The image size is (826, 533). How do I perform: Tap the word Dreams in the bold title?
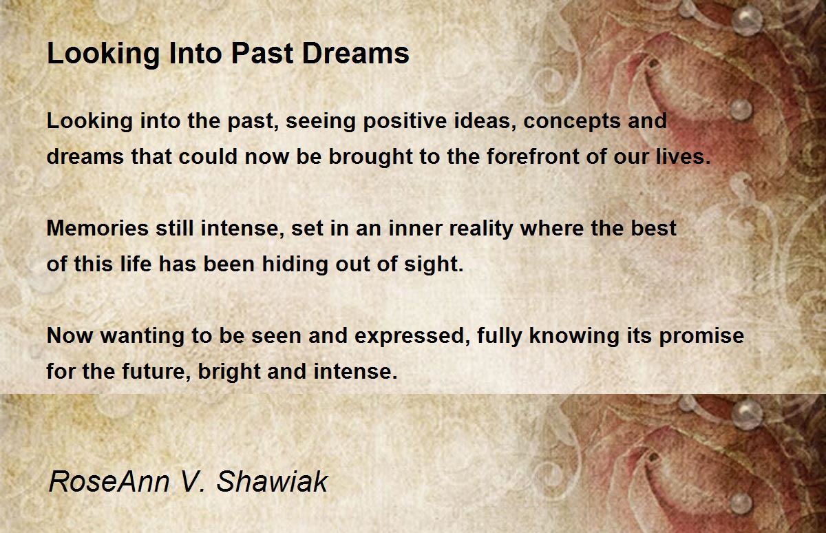click(356, 54)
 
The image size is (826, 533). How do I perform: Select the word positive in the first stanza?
click(405, 121)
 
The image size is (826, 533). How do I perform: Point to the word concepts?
click(572, 122)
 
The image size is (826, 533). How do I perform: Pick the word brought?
click(370, 157)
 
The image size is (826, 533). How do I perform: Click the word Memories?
click(98, 228)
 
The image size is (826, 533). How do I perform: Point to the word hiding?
click(295, 265)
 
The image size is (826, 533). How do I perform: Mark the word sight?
click(434, 265)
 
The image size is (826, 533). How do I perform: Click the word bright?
click(229, 372)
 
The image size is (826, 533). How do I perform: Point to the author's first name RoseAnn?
click(109, 481)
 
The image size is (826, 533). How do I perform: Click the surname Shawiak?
click(272, 481)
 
